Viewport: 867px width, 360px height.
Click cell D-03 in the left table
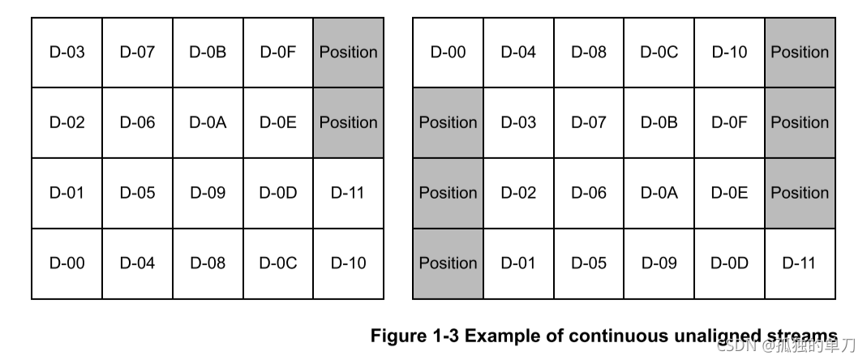tap(67, 53)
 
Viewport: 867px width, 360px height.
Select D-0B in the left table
tap(208, 53)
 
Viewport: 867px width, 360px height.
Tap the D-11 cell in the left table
tap(349, 193)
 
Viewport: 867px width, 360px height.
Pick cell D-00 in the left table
tap(67, 264)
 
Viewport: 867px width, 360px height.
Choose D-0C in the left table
tap(278, 264)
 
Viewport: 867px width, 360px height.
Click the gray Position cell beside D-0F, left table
tap(349, 53)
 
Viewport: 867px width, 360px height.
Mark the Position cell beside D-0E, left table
tap(349, 122)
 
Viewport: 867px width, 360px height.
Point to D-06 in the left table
tap(138, 122)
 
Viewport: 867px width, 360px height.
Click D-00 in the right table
tap(448, 53)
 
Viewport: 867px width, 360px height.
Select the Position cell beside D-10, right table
tap(800, 53)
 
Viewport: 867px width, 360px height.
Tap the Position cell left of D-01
tap(448, 264)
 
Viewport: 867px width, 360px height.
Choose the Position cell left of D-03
tap(448, 122)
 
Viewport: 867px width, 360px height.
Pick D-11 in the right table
tap(800, 264)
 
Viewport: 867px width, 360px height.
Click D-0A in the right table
tap(659, 193)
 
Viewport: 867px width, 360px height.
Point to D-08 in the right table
tap(589, 53)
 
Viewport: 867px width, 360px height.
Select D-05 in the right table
tap(589, 264)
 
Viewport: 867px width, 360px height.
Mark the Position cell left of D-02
tap(448, 193)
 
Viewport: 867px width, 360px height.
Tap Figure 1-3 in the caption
tap(414, 336)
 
